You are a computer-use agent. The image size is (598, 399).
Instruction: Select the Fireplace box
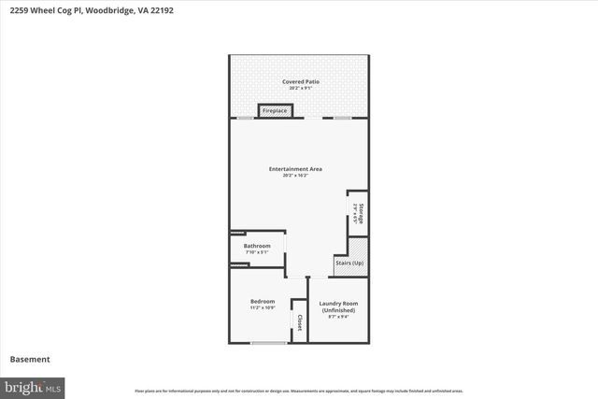click(x=275, y=111)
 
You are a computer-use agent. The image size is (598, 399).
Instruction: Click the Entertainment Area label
click(x=295, y=168)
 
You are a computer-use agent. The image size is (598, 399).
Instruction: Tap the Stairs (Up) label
click(x=349, y=263)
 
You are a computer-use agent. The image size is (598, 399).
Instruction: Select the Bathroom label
click(x=257, y=246)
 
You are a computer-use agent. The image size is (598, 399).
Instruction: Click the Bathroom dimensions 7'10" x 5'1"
click(x=257, y=252)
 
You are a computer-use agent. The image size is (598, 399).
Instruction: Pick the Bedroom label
click(x=263, y=301)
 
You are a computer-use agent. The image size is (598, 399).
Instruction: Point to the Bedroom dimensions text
click(x=263, y=307)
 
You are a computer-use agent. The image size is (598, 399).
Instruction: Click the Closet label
click(x=299, y=322)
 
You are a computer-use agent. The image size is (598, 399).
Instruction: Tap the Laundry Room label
click(x=338, y=304)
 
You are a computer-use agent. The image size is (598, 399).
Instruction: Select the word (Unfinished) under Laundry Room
click(x=338, y=310)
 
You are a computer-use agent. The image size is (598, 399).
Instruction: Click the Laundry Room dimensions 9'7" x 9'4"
click(x=338, y=318)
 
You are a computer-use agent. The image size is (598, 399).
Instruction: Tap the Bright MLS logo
click(x=33, y=386)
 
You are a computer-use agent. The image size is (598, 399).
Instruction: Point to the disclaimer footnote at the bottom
click(x=298, y=391)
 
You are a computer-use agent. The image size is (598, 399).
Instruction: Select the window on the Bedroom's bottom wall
click(x=268, y=343)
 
